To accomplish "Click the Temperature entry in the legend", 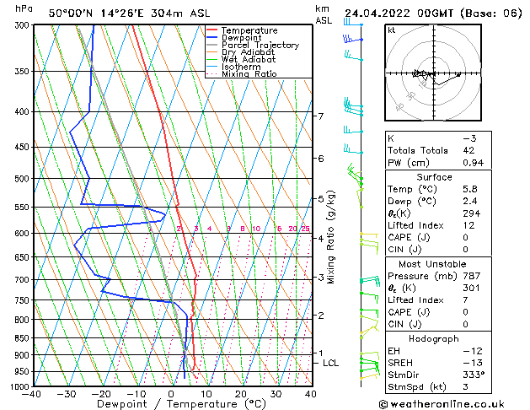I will coord(248,30).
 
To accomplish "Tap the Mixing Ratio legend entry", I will coord(249,74).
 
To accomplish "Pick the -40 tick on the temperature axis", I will coord(32,394).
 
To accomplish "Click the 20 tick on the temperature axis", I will coord(240,394).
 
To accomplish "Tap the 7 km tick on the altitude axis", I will coord(320,116).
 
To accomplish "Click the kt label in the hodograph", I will coord(391,30).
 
